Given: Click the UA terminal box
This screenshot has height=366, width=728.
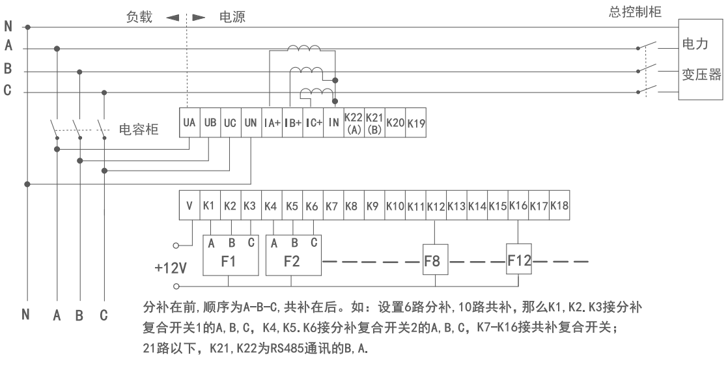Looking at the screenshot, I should [x=189, y=122].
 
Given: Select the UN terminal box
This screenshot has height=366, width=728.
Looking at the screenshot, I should [x=251, y=122].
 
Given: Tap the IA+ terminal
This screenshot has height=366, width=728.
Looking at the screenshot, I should [x=272, y=122].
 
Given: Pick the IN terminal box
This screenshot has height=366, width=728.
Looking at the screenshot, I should [x=333, y=122].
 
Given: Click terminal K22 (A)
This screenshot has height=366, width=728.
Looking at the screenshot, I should [x=354, y=122].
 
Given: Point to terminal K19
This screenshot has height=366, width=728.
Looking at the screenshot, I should [x=415, y=122].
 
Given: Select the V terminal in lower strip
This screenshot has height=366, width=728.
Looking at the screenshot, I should [x=189, y=206].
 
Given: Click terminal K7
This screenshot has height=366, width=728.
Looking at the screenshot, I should [x=332, y=206].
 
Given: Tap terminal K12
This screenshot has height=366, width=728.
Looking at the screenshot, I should [x=434, y=206].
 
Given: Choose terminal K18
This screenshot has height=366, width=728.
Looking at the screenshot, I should [x=559, y=206].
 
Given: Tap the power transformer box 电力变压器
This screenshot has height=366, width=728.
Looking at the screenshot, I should [x=701, y=59].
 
